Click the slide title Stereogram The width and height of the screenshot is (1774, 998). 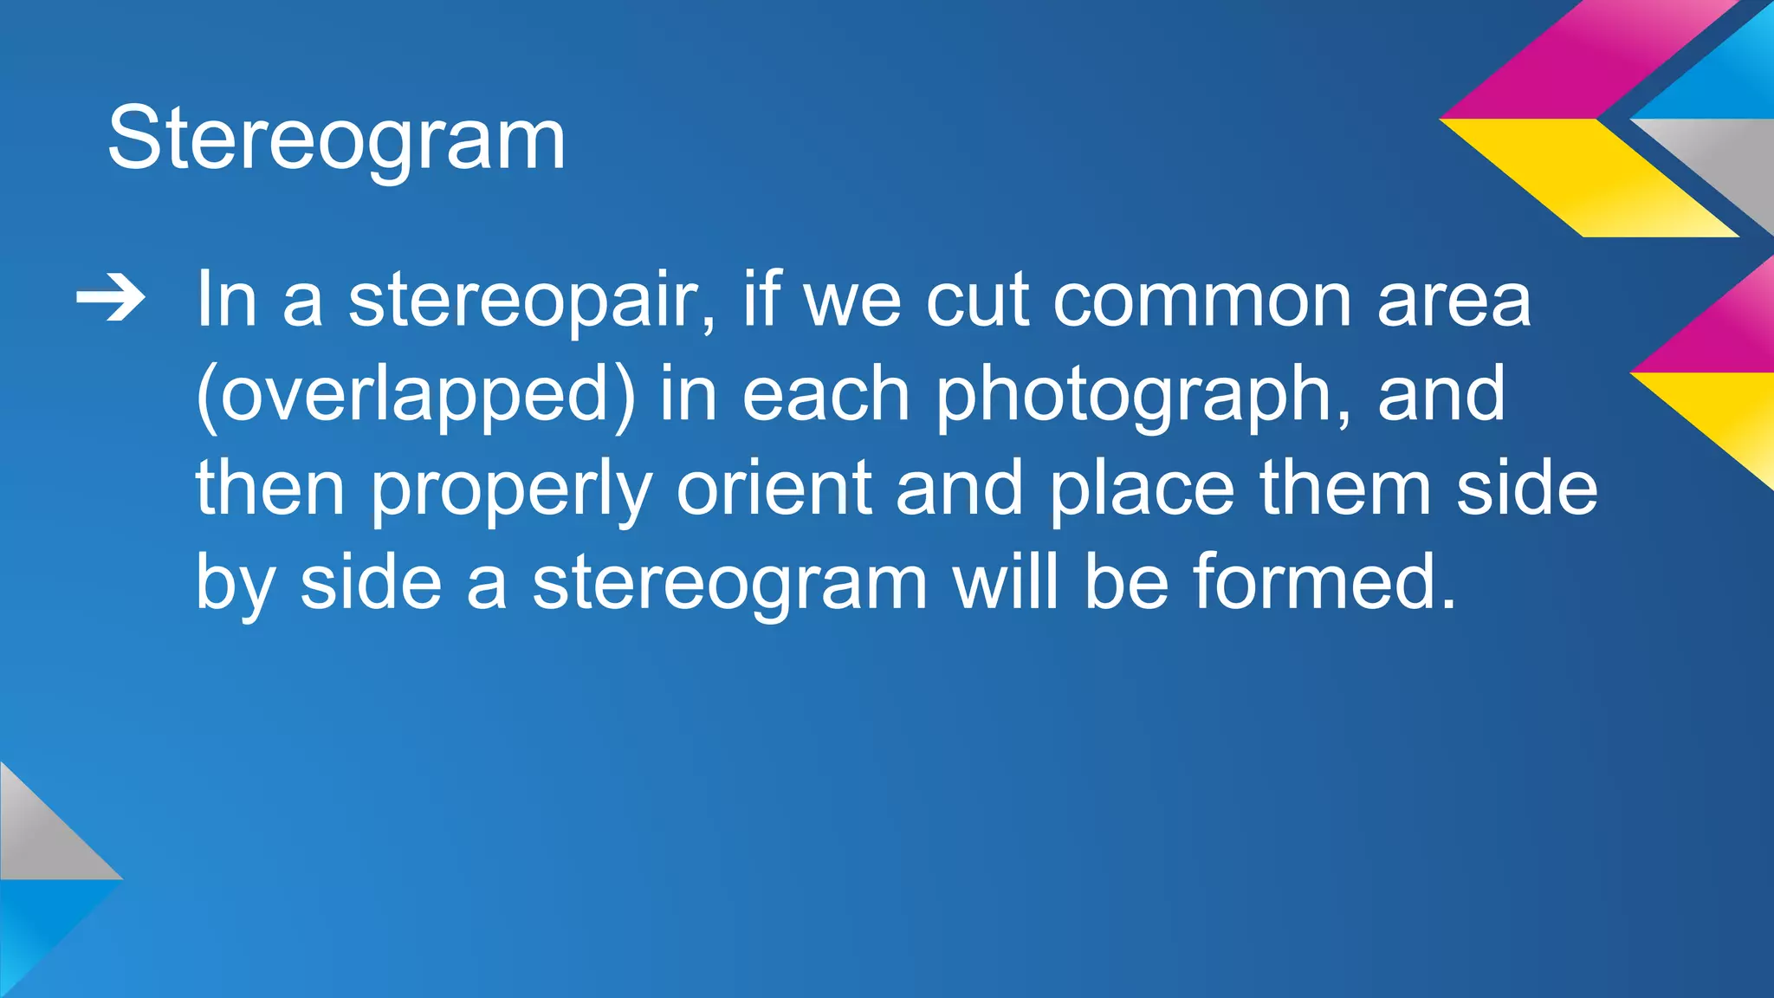point(336,139)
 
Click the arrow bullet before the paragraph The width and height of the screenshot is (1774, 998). point(111,300)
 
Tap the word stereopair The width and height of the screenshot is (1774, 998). point(532,301)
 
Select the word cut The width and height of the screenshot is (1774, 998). point(977,301)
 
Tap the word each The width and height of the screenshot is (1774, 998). point(825,394)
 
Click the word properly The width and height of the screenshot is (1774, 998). point(510,490)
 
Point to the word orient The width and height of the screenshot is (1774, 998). point(774,489)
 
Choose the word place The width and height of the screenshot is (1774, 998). point(1142,489)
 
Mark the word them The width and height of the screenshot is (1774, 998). point(1344,489)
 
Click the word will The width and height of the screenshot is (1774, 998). point(1006,582)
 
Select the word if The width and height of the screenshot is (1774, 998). point(762,300)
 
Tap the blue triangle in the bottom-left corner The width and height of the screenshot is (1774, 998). point(39,918)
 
